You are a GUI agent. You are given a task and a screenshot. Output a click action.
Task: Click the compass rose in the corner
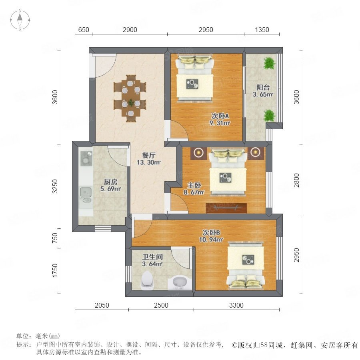[20, 20]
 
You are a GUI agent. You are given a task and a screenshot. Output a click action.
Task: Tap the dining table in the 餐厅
[130, 98]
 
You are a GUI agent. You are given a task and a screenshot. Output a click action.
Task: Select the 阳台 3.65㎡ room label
[263, 91]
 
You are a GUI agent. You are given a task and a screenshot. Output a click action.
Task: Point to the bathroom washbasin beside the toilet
[180, 282]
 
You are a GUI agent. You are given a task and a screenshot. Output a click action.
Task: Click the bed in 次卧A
[195, 78]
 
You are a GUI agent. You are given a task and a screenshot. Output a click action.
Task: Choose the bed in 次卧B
[246, 266]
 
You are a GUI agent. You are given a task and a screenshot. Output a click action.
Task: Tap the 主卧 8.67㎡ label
[194, 188]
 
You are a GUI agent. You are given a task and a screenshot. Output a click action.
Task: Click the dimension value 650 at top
[84, 30]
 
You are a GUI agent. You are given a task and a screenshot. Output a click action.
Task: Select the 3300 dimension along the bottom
[236, 305]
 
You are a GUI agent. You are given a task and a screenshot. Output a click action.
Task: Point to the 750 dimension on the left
[55, 238]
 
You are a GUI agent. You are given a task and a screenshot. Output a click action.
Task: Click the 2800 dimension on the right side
[297, 180]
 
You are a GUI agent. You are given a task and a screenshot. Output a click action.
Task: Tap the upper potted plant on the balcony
[269, 63]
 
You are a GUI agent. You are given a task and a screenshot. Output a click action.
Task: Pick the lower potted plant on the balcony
[269, 116]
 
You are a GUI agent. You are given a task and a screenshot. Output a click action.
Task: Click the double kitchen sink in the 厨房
[86, 195]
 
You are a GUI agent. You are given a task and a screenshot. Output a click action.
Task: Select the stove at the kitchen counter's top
[86, 157]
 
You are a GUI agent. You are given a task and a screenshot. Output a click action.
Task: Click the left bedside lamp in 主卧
[198, 152]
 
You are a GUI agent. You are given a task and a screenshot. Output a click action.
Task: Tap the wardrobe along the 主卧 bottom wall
[226, 208]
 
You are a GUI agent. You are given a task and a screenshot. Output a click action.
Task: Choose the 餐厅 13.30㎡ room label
[148, 159]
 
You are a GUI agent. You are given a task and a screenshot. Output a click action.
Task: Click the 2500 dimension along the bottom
[161, 305]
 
